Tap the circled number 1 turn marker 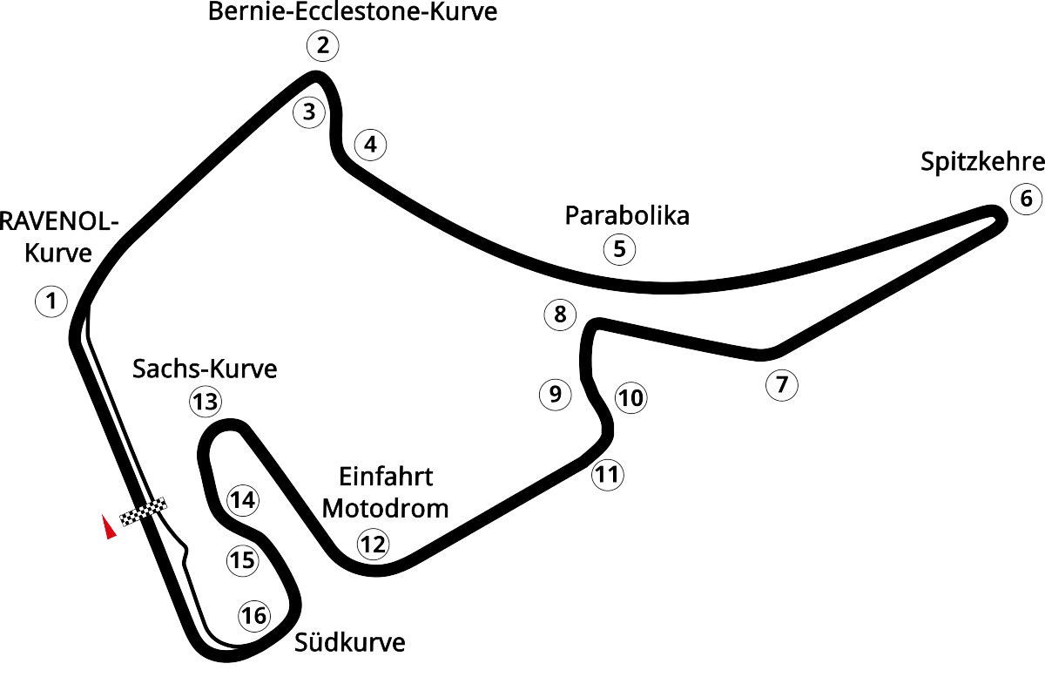pos(51,301)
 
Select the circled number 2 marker pos(322,46)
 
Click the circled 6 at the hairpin pos(1025,198)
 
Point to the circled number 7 pos(781,384)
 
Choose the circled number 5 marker pos(619,249)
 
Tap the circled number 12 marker pos(372,545)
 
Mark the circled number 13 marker pos(206,402)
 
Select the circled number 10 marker pos(631,399)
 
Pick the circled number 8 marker pos(559,314)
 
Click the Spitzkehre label pos(981,163)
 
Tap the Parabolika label pos(626,215)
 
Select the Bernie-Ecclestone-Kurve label pos(354,13)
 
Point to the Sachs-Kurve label pos(205,369)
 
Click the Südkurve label pos(350,644)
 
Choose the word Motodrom pos(386,508)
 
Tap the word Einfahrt pos(385,477)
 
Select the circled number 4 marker pos(371,145)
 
